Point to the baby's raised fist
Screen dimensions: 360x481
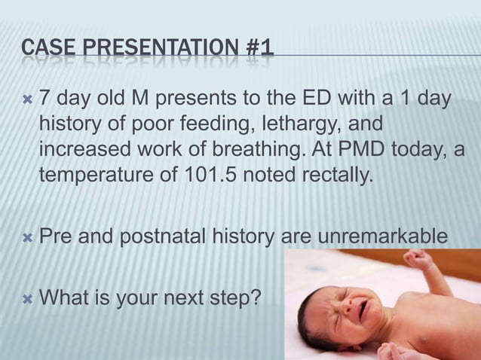click(416, 261)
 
